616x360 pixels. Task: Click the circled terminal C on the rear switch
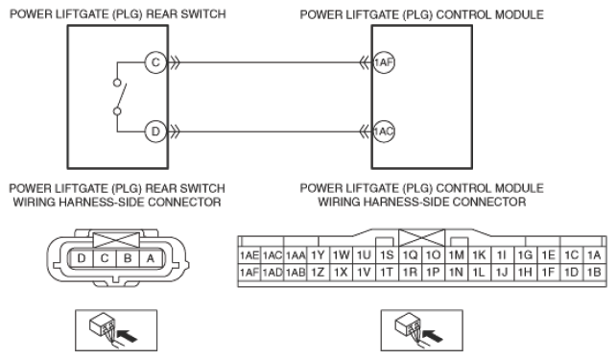click(x=155, y=62)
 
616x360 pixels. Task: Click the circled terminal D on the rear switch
click(x=155, y=132)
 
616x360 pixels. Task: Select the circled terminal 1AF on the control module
click(x=384, y=62)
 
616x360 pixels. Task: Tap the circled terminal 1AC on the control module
click(x=384, y=132)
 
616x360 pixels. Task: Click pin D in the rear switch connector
click(x=82, y=258)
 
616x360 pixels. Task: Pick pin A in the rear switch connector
click(x=150, y=258)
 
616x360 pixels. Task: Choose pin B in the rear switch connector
click(x=128, y=258)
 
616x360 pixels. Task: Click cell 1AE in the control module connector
click(x=249, y=255)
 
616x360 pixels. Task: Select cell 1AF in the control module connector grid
click(x=249, y=272)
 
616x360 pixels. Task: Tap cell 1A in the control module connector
click(x=594, y=255)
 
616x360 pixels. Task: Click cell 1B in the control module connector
click(x=594, y=272)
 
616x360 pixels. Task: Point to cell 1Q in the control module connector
click(x=410, y=255)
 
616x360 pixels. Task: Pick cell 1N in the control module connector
click(x=456, y=272)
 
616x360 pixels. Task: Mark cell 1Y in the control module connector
click(x=318, y=255)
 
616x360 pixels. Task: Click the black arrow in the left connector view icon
click(x=128, y=336)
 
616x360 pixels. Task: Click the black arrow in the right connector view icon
click(x=434, y=336)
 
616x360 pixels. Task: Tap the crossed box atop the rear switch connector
click(x=116, y=239)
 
